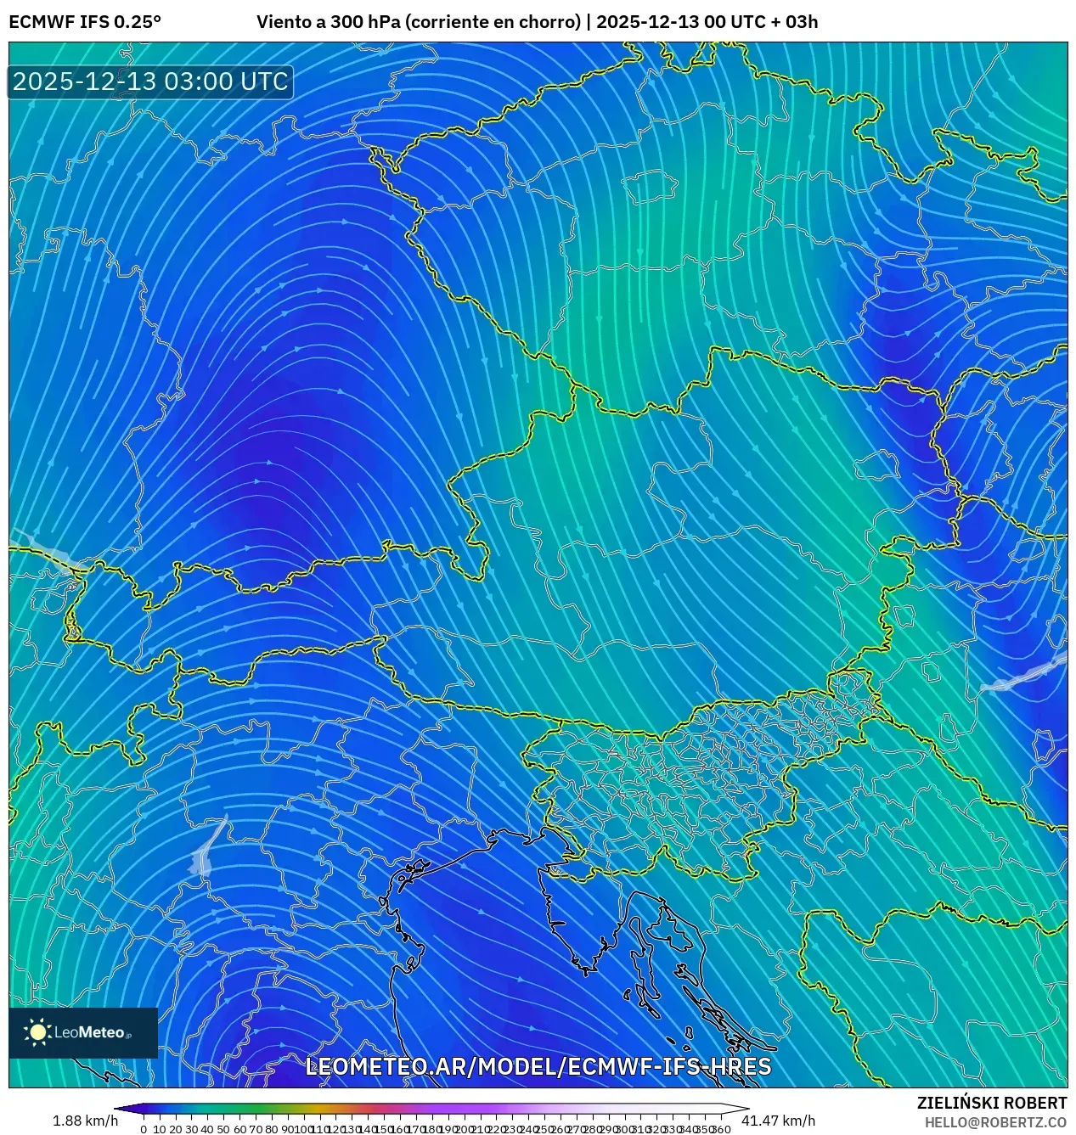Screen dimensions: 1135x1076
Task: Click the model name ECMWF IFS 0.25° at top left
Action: coord(85,22)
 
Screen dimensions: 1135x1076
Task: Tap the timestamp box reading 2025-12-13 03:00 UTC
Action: coord(150,81)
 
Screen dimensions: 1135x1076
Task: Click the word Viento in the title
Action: coord(283,22)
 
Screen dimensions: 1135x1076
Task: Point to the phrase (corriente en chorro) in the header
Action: coord(493,22)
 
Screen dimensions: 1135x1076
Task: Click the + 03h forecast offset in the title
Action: coord(792,22)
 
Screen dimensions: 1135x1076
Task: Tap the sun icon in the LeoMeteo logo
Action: coord(37,1031)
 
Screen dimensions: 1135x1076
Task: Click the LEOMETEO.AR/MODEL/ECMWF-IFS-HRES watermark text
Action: coord(538,1067)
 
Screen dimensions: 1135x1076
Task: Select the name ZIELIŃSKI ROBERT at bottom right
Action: coord(991,1103)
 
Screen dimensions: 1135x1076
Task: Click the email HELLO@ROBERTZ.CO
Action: coord(995,1122)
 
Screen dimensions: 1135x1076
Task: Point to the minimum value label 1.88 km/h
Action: coord(85,1121)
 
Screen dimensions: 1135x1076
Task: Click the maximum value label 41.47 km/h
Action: coord(778,1121)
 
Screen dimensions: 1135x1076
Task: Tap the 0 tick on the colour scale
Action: coord(144,1129)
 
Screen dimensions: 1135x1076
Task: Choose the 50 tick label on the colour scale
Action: coord(223,1129)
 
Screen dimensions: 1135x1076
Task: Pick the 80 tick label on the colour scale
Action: coord(271,1129)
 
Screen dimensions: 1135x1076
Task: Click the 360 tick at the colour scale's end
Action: coord(721,1129)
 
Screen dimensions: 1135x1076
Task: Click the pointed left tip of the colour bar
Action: coord(116,1109)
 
